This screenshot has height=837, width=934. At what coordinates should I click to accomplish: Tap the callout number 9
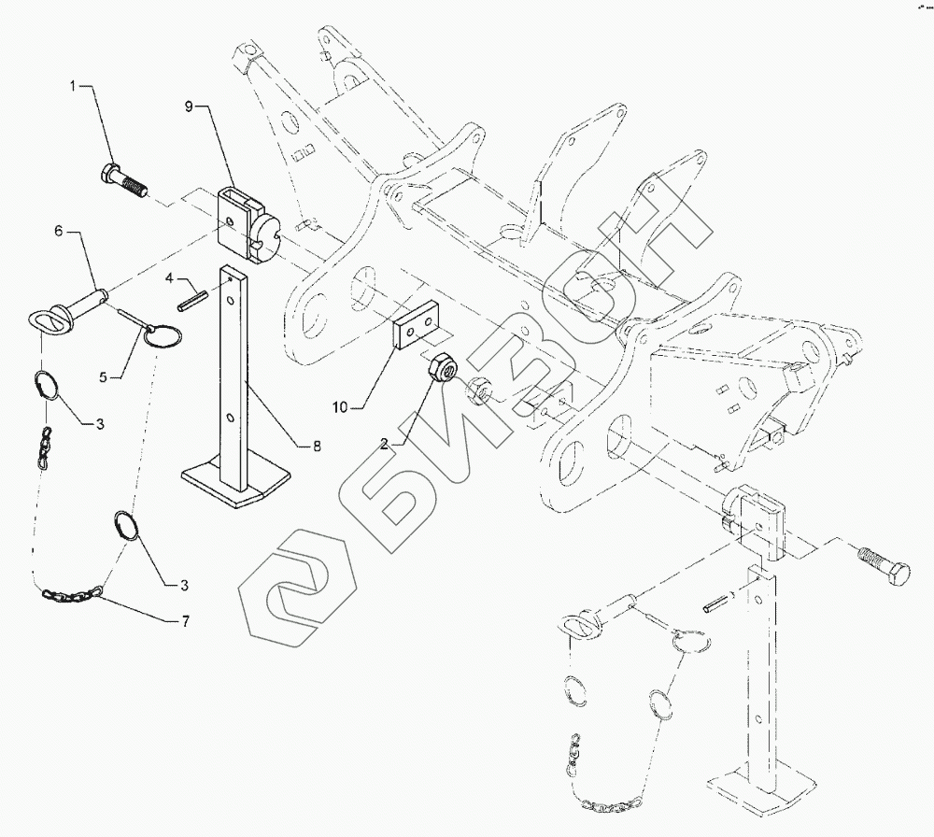pyautogui.click(x=189, y=107)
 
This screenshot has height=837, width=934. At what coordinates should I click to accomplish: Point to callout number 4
pyautogui.click(x=170, y=277)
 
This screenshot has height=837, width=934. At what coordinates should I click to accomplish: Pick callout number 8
pyautogui.click(x=317, y=447)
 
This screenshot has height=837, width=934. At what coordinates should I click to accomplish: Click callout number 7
pyautogui.click(x=184, y=621)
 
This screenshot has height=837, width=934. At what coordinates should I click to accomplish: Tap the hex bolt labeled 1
pyautogui.click(x=122, y=180)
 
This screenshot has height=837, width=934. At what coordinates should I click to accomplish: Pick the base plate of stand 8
pyautogui.click(x=233, y=485)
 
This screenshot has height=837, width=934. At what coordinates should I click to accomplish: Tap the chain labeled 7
pyautogui.click(x=75, y=592)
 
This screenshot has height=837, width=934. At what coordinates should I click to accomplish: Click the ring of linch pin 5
pyautogui.click(x=166, y=336)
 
